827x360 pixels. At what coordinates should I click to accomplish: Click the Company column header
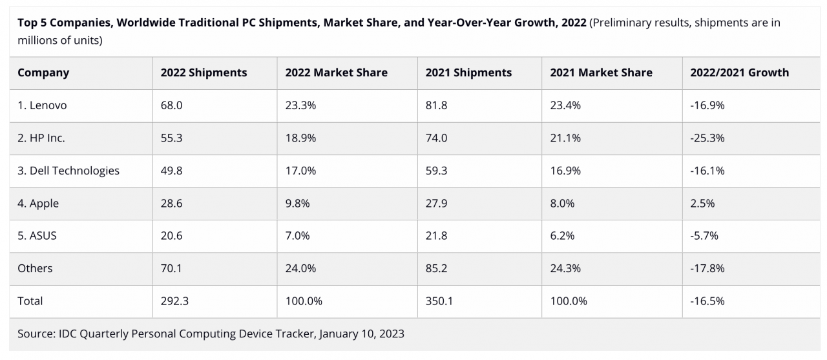(x=43, y=73)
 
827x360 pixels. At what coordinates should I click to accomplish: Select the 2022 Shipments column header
(x=204, y=73)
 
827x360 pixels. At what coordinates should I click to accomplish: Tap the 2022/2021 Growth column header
(x=739, y=73)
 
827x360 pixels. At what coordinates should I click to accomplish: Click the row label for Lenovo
(x=42, y=105)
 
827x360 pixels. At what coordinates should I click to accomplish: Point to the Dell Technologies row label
(x=68, y=171)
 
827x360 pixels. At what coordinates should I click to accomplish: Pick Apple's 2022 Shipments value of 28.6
(x=171, y=204)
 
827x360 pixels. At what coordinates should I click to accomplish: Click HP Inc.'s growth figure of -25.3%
(x=707, y=138)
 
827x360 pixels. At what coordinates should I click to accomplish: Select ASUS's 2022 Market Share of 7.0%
(x=297, y=236)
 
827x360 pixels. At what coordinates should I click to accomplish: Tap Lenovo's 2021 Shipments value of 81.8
(x=436, y=105)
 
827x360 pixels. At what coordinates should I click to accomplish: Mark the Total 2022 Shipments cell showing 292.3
(x=174, y=301)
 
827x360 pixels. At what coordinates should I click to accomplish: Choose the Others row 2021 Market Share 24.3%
(x=565, y=268)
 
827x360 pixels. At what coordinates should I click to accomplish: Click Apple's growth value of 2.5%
(x=702, y=204)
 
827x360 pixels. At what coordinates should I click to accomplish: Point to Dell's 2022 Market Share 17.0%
(x=300, y=171)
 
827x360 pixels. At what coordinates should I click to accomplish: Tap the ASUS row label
(x=37, y=236)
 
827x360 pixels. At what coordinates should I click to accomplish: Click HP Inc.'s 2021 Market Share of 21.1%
(x=565, y=138)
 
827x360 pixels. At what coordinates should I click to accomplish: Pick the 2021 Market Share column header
(x=601, y=73)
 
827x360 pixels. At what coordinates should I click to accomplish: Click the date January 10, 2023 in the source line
(x=361, y=334)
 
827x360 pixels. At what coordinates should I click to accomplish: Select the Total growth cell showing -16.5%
(x=707, y=301)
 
